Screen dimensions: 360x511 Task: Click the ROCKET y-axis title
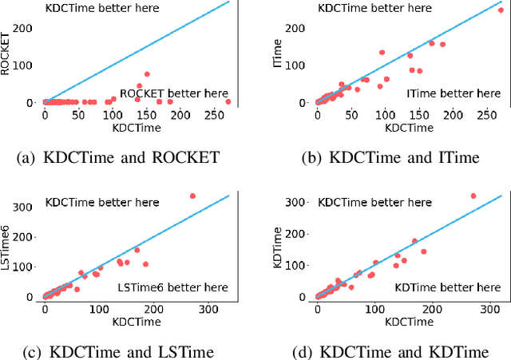7,53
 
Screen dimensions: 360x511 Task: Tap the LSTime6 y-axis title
7,246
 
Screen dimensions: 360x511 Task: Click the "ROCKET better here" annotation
173,93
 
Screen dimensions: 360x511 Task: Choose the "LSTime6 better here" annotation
172,287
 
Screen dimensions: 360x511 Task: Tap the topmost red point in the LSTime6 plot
192,196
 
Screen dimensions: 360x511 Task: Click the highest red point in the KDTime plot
473,196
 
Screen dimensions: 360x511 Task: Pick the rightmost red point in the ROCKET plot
228,101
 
